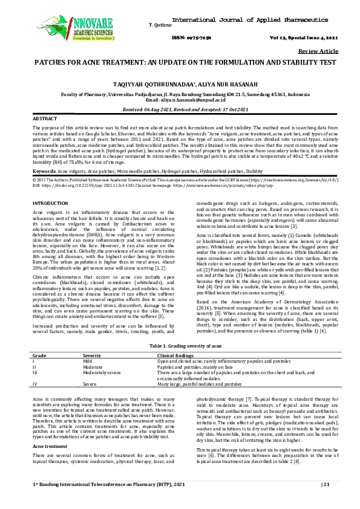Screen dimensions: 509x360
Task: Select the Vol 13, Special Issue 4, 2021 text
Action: [x=312, y=37]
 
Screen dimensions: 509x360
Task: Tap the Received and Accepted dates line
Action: [x=180, y=108]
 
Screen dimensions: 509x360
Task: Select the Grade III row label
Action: [x=36, y=372]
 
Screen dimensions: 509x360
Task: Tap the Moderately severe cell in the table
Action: [x=100, y=372]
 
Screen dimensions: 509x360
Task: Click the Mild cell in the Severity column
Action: [x=88, y=360]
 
